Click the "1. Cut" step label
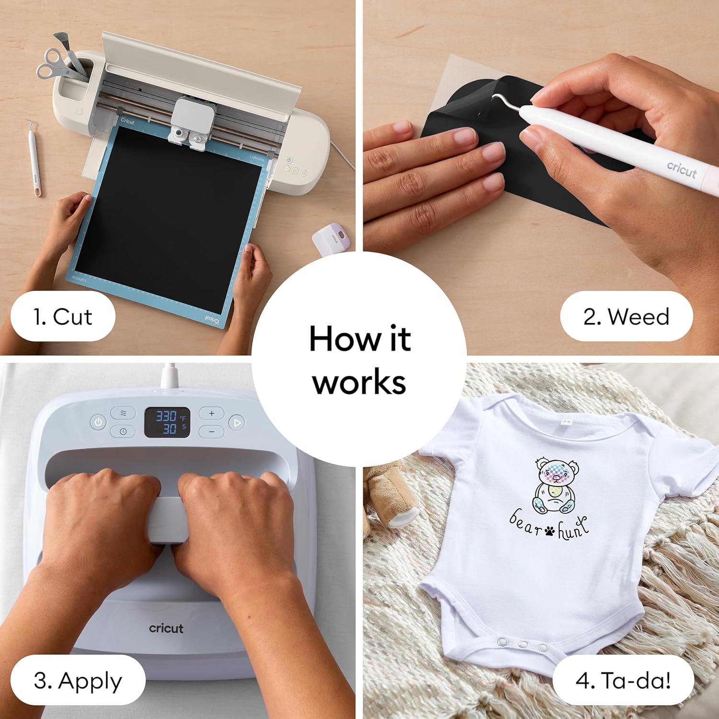coord(63,317)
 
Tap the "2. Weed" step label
coord(626,317)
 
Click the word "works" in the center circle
coord(359,382)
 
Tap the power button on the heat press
coord(98,422)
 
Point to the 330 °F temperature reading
coord(165,416)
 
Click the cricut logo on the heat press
coord(166,628)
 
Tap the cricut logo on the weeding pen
coord(682,169)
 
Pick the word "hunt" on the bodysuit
coord(572,524)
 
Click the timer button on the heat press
coord(123,431)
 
